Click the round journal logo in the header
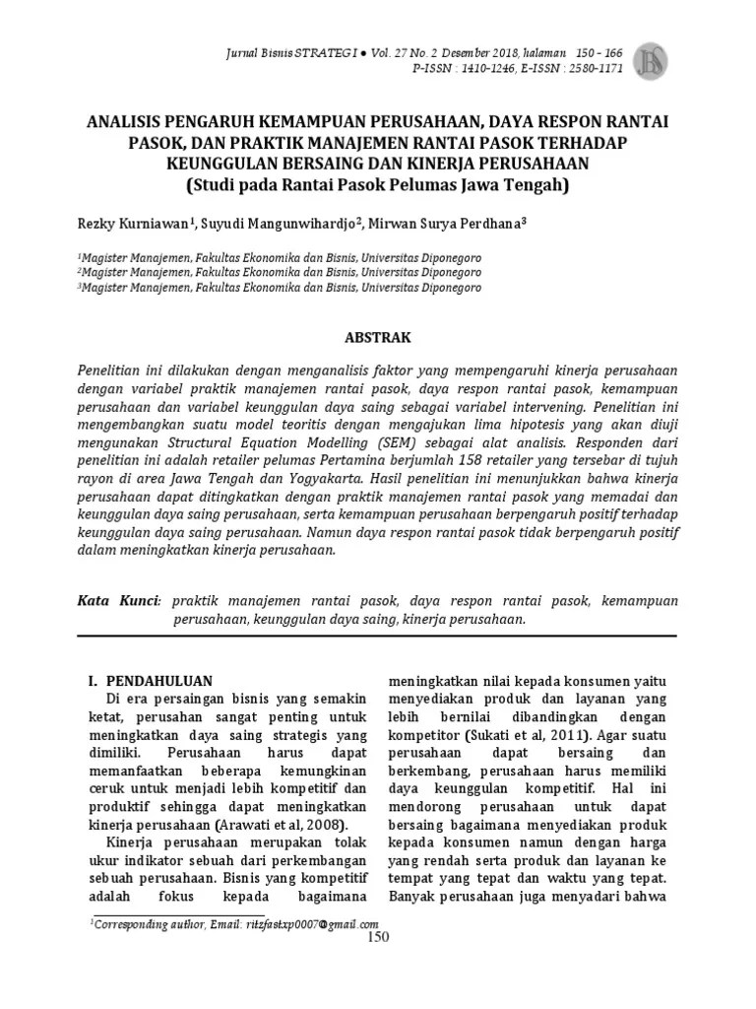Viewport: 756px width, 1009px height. point(651,61)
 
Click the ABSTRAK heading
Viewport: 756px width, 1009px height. point(377,337)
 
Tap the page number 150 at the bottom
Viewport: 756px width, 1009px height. point(378,937)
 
